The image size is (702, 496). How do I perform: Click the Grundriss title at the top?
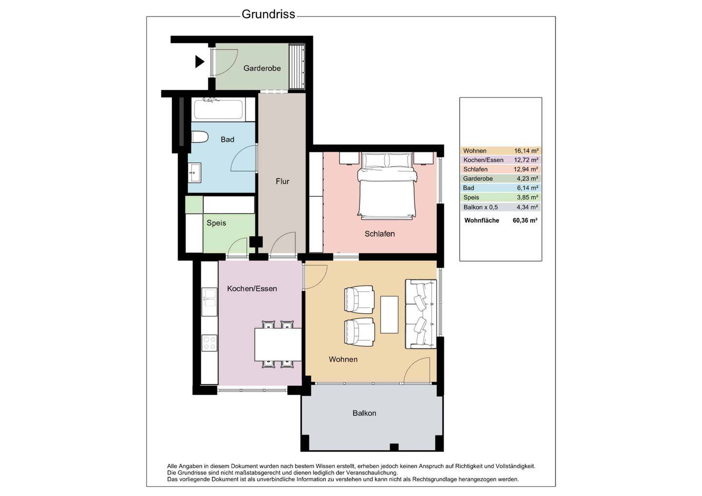[268, 15]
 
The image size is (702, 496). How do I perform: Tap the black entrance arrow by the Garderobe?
[199, 62]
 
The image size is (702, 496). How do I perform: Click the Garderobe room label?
[262, 68]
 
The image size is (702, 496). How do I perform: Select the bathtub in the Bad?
[218, 110]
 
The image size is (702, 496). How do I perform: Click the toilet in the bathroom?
[199, 137]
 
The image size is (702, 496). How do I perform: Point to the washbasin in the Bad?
[195, 172]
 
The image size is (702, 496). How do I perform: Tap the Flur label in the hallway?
[282, 181]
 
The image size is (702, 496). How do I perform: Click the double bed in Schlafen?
[387, 185]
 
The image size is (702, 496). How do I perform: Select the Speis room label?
[216, 223]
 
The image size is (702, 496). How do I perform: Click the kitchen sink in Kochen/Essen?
[210, 298]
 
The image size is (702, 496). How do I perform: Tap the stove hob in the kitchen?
[210, 343]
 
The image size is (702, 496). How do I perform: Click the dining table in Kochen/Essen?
[278, 344]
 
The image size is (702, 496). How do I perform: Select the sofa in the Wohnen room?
[421, 314]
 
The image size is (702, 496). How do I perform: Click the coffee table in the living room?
[389, 315]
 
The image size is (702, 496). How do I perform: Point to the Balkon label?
[364, 413]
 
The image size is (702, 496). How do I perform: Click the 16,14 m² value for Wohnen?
[526, 151]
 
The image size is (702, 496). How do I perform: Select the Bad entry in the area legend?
[468, 188]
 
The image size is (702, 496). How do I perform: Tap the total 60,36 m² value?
[525, 221]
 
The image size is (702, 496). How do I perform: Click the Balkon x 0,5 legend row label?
[481, 208]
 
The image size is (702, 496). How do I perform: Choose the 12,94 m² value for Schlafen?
[526, 170]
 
